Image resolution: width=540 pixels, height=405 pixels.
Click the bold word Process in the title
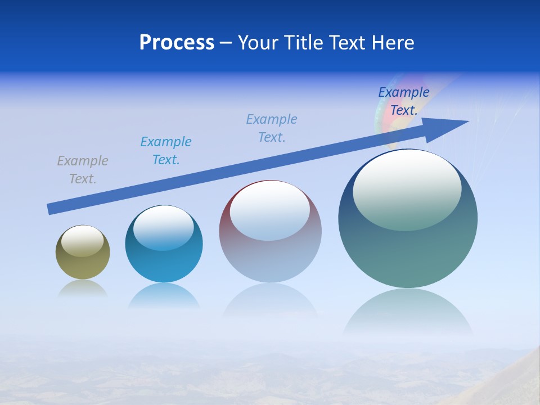point(177,43)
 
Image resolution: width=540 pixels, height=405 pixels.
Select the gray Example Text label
point(83,170)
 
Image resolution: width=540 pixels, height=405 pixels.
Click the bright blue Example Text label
point(166,151)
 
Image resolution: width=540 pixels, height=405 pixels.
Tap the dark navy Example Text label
point(403,101)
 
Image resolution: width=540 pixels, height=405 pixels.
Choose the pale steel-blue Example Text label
point(272,128)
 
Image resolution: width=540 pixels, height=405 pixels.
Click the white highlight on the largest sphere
point(407,188)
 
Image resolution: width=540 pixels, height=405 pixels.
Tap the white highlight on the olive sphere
point(82,240)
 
